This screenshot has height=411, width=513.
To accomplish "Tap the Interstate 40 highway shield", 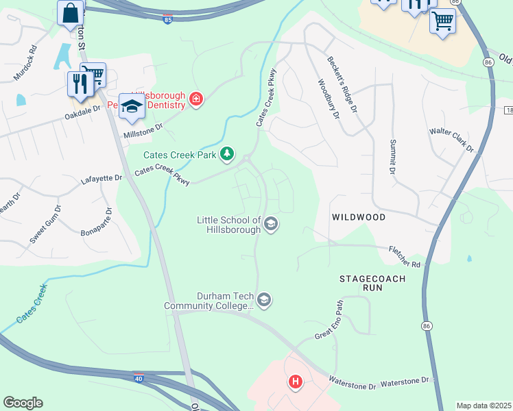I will tap(139, 376).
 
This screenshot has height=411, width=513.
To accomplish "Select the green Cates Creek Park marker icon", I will tap(227, 155).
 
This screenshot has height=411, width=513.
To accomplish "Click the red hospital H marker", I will tap(296, 382).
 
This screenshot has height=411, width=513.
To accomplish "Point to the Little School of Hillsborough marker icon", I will tap(271, 224).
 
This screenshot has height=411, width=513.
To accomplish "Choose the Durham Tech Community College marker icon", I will tap(264, 299).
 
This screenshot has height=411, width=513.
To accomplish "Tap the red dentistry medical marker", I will tap(196, 100).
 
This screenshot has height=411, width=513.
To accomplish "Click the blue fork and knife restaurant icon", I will tap(80, 84).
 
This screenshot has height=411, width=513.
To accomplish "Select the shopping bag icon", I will tap(70, 12).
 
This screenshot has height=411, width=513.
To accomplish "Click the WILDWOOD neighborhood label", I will tap(359, 216).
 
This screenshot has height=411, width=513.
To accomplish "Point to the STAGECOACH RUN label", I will tap(373, 284).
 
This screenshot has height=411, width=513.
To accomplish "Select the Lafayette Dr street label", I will tap(102, 179).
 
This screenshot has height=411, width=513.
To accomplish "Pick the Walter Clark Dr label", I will tap(451, 139).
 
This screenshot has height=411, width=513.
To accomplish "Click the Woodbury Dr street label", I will tap(329, 99).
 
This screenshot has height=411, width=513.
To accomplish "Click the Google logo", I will tap(23, 403).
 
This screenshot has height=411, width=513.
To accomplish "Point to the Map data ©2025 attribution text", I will tap(484, 406).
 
